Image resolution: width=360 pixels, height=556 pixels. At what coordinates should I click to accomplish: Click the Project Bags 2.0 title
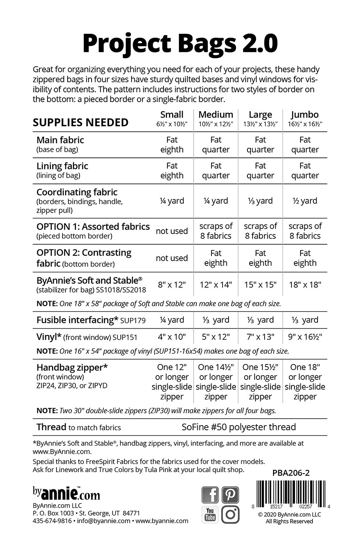pyautogui.click(x=180, y=43)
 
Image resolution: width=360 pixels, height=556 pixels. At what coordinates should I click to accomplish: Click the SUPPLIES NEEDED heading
pyautogui.click(x=80, y=123)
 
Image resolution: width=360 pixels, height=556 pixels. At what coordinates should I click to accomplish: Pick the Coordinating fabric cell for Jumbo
pyautogui.click(x=305, y=201)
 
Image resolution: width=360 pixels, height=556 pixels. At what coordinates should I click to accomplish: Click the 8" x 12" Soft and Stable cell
pyautogui.click(x=172, y=284)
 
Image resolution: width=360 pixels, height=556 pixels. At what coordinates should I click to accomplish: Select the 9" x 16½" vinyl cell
pyautogui.click(x=305, y=337)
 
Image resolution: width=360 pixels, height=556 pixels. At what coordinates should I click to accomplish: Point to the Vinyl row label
pyautogui.click(x=87, y=337)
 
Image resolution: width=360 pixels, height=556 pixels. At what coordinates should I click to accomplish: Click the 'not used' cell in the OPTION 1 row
pyautogui.click(x=172, y=231)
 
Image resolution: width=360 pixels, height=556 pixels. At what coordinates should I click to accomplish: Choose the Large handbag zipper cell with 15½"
pyautogui.click(x=260, y=382)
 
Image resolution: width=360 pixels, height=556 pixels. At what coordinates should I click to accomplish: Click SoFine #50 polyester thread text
pyautogui.click(x=238, y=427)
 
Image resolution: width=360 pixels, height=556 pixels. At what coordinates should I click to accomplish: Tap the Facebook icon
pyautogui.click(x=210, y=495)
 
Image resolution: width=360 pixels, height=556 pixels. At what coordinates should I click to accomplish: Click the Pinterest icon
pyautogui.click(x=230, y=495)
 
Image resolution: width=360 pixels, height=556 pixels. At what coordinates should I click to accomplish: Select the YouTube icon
pyautogui.click(x=210, y=515)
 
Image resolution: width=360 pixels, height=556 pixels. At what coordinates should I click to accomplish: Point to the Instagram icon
pyautogui.click(x=230, y=515)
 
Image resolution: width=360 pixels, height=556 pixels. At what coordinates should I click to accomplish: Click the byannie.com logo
pyautogui.click(x=66, y=493)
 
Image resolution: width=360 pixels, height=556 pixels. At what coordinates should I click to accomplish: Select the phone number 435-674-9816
pyautogui.click(x=52, y=521)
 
